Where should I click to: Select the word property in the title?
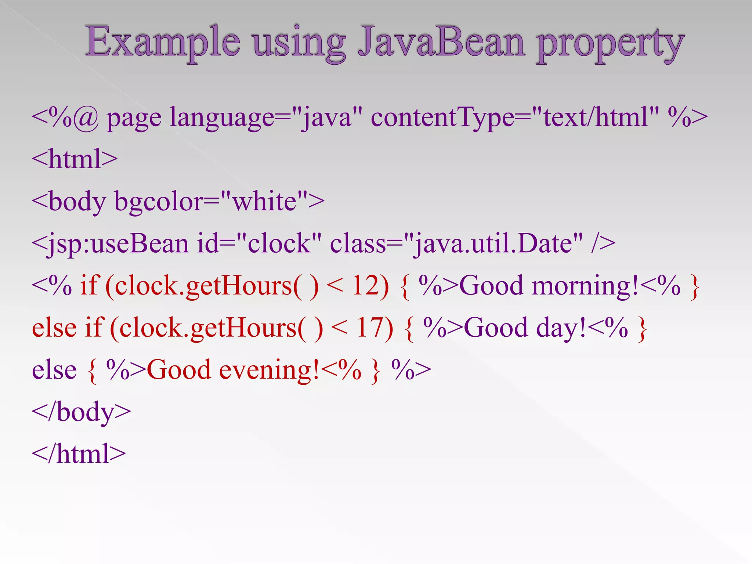point(610,44)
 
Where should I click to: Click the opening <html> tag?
point(75,159)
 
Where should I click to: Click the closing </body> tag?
point(81,413)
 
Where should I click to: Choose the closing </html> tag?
point(79,455)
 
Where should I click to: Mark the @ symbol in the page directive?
point(86,118)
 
